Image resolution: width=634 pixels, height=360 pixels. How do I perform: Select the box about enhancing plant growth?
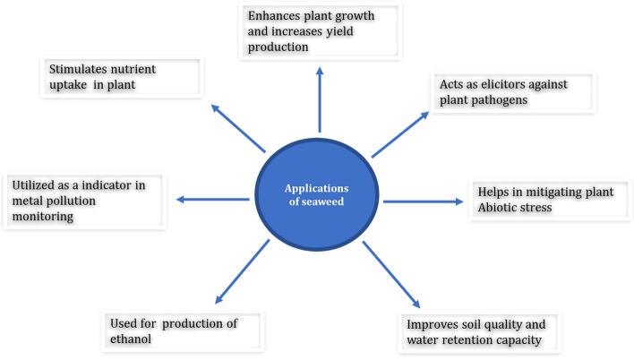[320, 30]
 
